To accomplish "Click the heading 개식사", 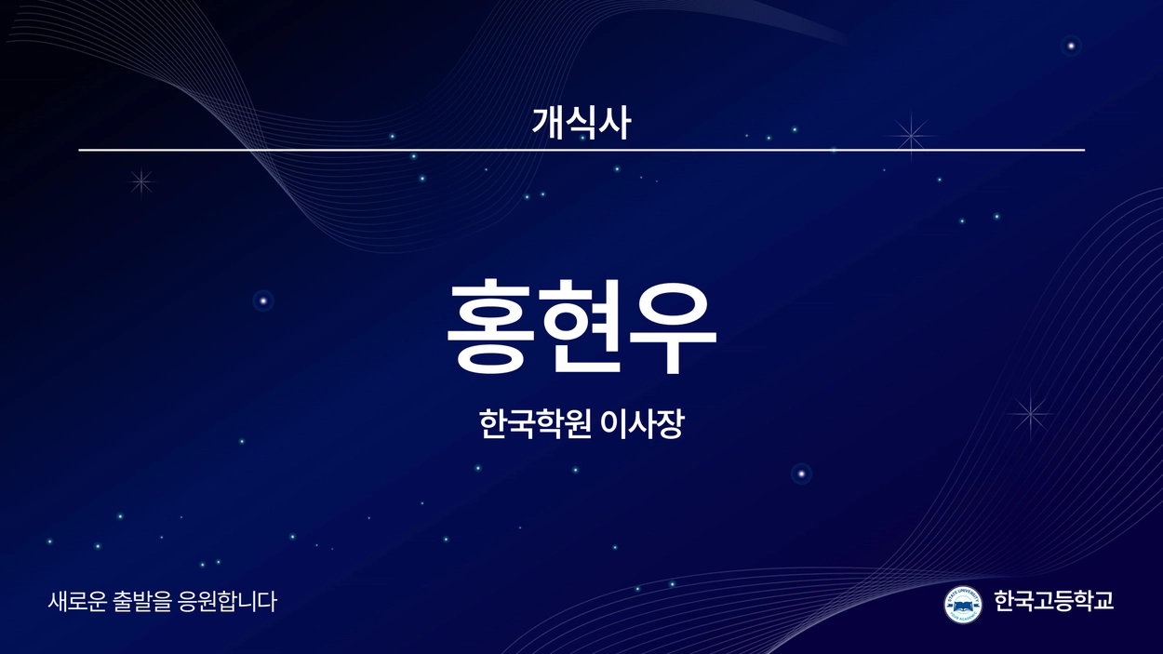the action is [581, 123].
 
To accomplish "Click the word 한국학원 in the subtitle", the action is [535, 424].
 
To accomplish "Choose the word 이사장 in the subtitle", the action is [642, 424].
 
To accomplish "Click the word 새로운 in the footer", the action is [77, 601].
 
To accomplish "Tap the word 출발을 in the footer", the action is [141, 601].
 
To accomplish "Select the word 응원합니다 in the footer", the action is [226, 601].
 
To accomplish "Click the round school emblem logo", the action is [963, 605].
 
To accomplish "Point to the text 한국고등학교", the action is [1054, 601].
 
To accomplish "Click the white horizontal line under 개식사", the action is [581, 150].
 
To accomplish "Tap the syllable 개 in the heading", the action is [548, 123].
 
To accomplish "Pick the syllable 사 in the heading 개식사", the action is [615, 123].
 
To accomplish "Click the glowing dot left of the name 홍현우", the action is [263, 300].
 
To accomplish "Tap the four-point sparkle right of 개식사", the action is [911, 136].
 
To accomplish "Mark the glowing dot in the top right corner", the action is [1071, 47].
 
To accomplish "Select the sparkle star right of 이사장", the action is [1031, 414].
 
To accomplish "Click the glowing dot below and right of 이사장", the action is [801, 474].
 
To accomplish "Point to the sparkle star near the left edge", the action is [141, 181].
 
